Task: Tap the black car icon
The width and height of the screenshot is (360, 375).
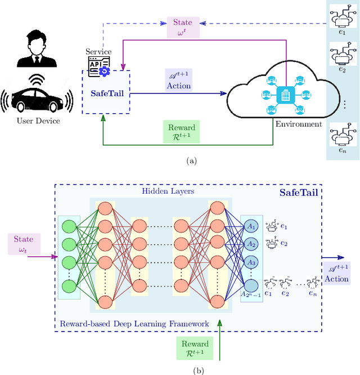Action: (37, 99)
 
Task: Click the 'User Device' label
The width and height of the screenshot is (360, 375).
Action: (38, 120)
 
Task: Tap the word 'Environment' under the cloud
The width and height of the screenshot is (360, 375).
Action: (299, 124)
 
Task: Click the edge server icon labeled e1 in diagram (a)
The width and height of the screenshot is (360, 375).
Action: (341, 19)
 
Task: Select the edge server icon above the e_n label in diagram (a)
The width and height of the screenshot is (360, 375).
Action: (341, 135)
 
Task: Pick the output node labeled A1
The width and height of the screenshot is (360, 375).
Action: (251, 227)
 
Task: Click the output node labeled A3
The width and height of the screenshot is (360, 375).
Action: (251, 263)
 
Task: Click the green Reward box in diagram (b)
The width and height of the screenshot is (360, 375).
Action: (195, 349)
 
